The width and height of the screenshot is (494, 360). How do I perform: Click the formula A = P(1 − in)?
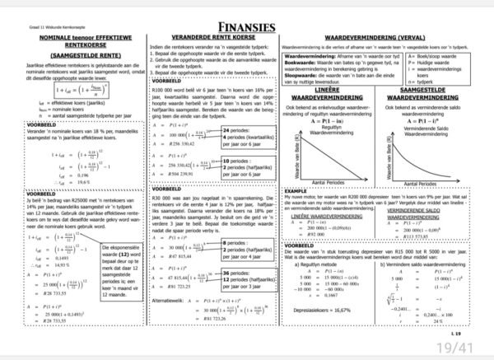(x=327, y=120)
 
